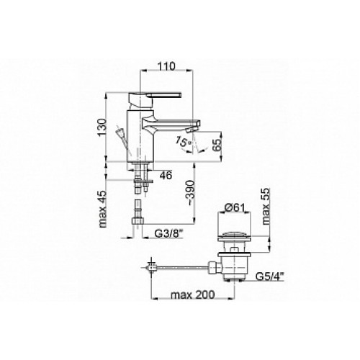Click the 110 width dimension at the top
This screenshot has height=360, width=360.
pyautogui.click(x=166, y=66)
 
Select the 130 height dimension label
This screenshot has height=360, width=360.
pyautogui.click(x=102, y=127)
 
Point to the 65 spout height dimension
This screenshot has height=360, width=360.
pyautogui.click(x=217, y=144)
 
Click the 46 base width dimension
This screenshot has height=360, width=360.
pyautogui.click(x=166, y=175)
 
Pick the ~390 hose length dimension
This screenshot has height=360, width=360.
pyautogui.click(x=191, y=192)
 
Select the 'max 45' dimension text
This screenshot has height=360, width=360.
pyautogui.click(x=102, y=209)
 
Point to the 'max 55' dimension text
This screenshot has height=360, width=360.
pyautogui.click(x=266, y=206)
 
